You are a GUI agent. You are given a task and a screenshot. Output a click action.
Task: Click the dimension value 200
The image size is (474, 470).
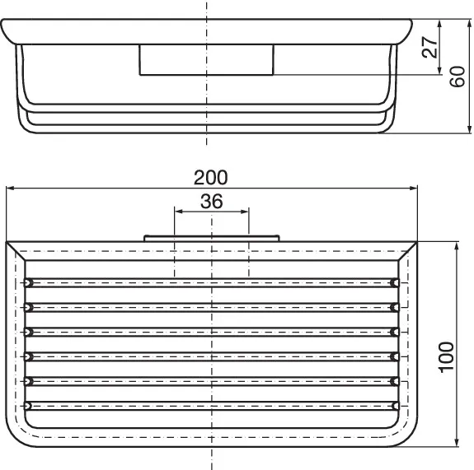211,177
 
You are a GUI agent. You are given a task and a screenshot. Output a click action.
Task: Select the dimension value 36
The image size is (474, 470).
211,201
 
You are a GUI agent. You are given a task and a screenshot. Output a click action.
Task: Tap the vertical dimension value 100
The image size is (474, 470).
446,356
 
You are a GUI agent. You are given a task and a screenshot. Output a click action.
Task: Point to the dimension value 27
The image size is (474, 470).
429,47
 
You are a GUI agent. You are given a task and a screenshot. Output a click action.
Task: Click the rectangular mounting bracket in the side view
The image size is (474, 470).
206,60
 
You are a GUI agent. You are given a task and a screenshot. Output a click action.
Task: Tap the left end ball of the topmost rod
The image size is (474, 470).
29,283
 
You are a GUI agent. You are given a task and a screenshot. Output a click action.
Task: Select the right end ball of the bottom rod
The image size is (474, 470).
395,406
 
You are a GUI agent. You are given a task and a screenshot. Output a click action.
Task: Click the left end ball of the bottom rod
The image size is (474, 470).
29,406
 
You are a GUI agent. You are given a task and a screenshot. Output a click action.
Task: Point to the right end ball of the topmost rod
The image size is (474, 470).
395,283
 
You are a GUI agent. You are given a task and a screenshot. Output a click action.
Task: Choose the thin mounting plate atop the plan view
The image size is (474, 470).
211,238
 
